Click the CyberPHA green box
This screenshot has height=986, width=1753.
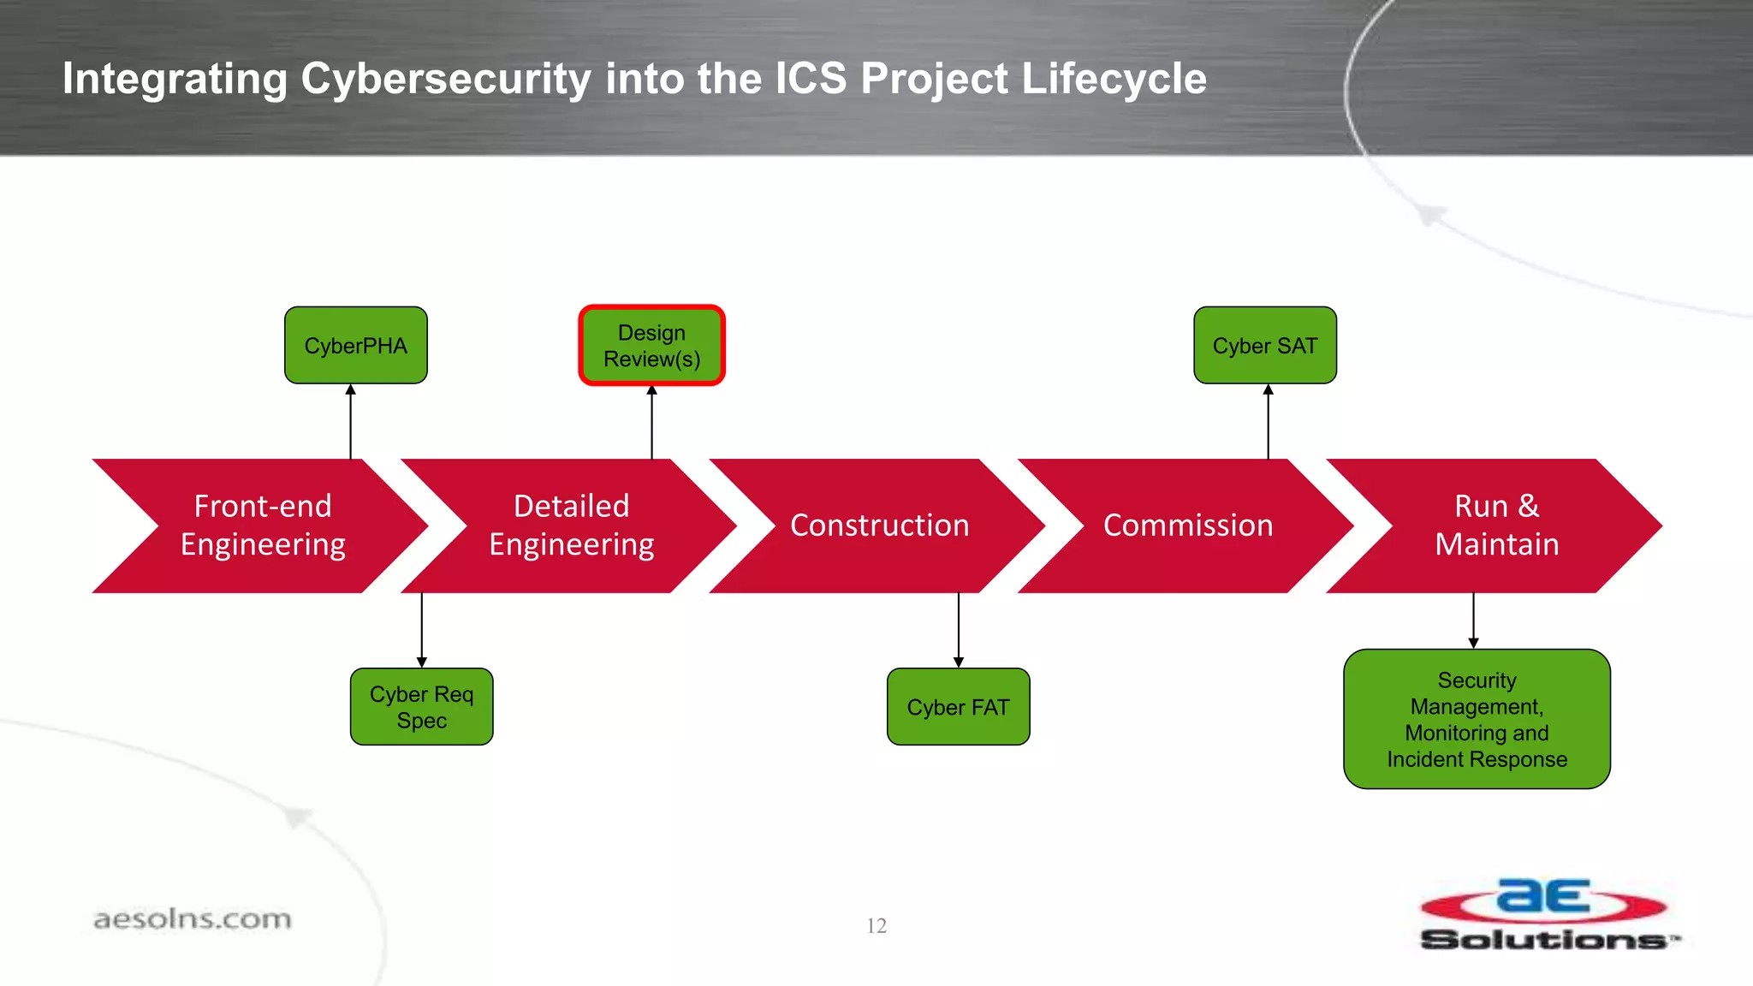[355, 346]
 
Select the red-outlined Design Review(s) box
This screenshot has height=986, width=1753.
[651, 346]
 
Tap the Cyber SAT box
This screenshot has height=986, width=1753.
[1264, 346]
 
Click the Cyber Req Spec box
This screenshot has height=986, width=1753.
[421, 707]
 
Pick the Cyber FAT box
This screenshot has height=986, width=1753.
[958, 707]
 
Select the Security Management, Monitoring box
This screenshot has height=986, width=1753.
[1477, 719]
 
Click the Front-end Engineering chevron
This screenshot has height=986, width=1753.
[262, 526]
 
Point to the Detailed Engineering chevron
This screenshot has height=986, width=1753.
[571, 526]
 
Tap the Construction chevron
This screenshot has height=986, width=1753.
[879, 526]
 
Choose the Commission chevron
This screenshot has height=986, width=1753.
[1187, 526]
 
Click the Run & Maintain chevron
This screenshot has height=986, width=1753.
[1496, 526]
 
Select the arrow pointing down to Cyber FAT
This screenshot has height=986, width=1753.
[959, 630]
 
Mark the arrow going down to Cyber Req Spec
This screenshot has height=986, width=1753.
[421, 630]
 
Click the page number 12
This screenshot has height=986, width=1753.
[876, 926]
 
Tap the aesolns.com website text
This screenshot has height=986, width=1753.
[193, 919]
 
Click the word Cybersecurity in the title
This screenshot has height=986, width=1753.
[445, 79]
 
